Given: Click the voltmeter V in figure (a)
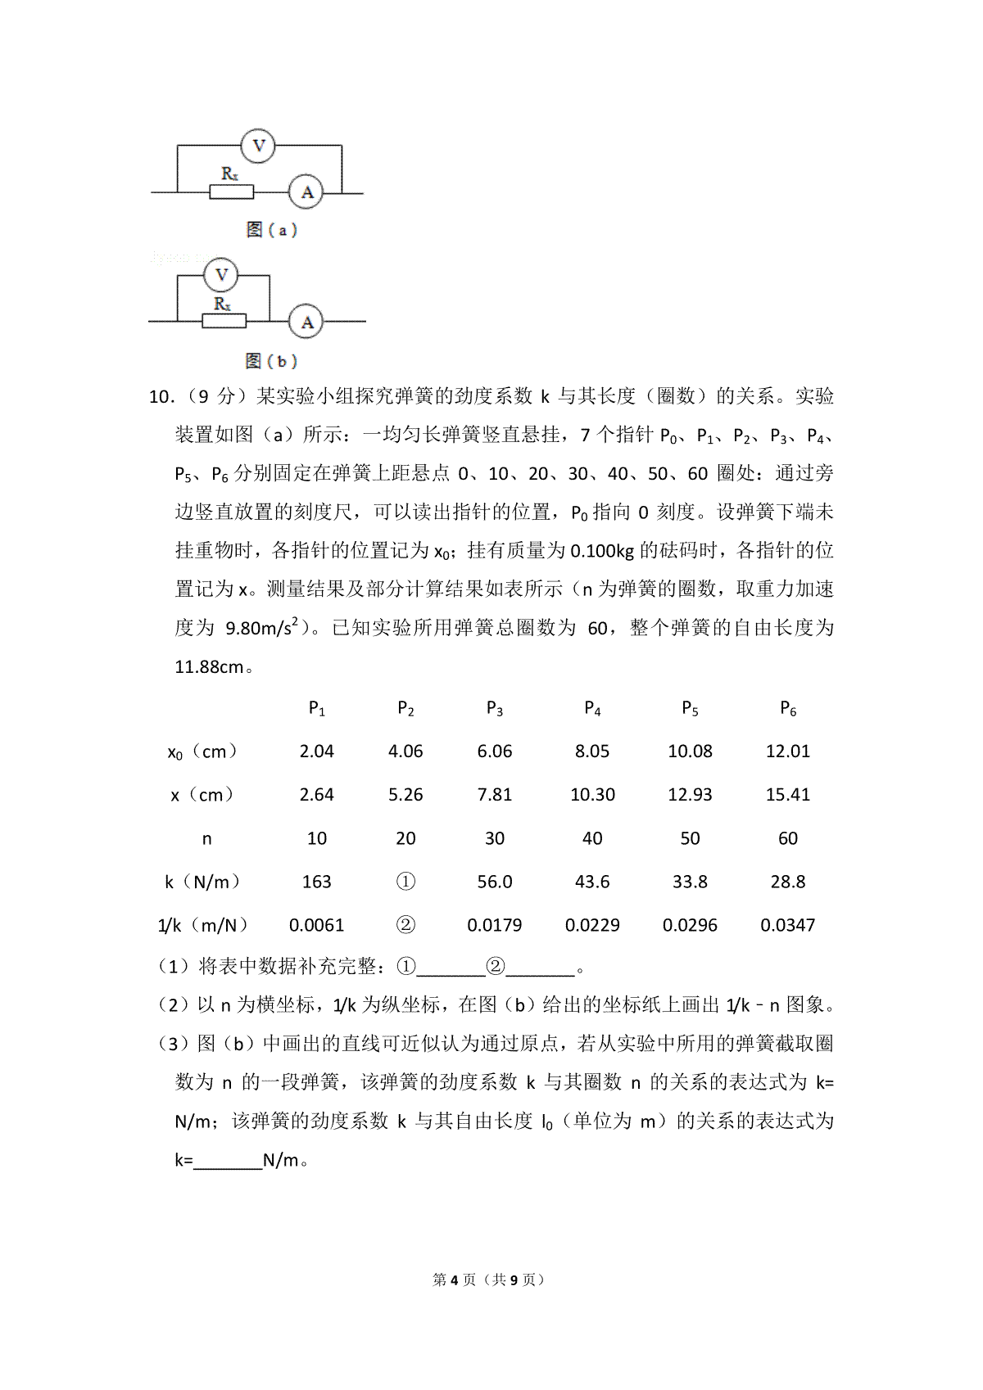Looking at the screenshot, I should click(x=258, y=146).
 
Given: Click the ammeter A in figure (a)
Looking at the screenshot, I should click(x=307, y=192).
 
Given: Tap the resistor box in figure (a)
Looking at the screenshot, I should click(x=232, y=192).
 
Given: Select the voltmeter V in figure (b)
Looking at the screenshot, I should click(x=221, y=275).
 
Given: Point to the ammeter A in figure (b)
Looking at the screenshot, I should click(x=306, y=322).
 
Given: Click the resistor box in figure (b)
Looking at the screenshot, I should click(x=224, y=322).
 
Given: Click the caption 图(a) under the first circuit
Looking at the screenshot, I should click(x=271, y=230).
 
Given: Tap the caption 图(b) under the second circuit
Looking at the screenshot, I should click(x=271, y=361).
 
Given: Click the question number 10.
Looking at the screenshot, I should click(x=161, y=397).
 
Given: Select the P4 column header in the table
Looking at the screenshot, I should click(x=592, y=708).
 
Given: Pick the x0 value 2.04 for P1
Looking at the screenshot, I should click(x=316, y=751).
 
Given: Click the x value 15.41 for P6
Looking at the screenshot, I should click(x=787, y=795).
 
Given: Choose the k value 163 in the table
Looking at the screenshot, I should click(x=316, y=882).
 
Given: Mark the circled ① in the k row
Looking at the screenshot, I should click(x=405, y=882).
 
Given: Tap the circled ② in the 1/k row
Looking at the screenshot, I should click(x=405, y=925).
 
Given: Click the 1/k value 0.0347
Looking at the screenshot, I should click(x=787, y=925).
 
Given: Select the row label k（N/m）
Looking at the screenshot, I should click(x=203, y=882).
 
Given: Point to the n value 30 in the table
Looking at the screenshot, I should click(x=495, y=838).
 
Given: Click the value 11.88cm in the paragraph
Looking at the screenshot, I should click(x=210, y=667).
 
